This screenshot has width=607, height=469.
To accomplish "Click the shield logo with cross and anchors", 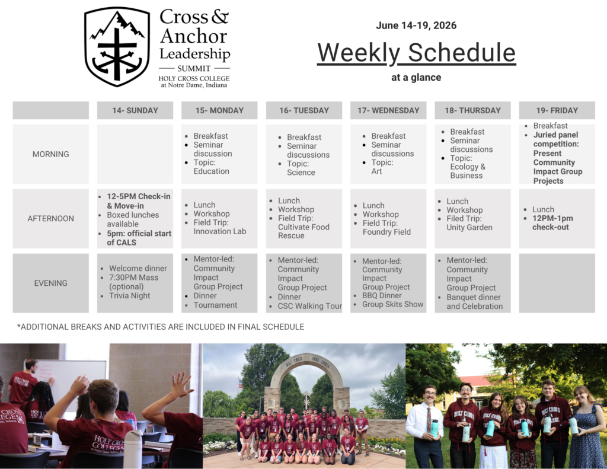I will [x=117, y=47].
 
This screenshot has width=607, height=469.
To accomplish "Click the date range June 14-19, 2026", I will [x=416, y=25].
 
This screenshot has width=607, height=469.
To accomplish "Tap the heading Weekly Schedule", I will [x=416, y=53].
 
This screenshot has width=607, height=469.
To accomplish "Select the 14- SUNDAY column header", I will [x=135, y=110].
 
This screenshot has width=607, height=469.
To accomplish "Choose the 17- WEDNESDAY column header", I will [x=388, y=110].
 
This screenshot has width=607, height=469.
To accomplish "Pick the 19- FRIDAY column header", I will [x=557, y=110].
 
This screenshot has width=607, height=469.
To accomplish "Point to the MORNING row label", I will [x=51, y=154].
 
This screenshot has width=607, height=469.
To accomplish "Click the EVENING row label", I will [x=51, y=283].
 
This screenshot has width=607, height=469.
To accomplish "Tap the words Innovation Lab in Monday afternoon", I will [x=219, y=231].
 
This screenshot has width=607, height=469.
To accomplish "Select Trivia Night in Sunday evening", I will [x=130, y=296].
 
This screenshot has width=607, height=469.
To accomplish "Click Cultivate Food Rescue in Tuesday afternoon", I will [x=303, y=231].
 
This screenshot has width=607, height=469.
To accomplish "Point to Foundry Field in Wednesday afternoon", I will [x=386, y=232].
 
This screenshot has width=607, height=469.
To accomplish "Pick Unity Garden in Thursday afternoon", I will [x=469, y=228].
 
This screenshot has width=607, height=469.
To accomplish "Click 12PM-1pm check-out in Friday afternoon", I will [x=552, y=223].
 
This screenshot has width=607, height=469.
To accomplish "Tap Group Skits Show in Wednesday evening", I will [x=393, y=305].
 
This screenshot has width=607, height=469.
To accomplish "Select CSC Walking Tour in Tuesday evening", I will [x=310, y=306].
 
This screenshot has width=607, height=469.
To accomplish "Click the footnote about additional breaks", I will [x=161, y=327].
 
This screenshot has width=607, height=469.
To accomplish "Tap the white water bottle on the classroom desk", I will [x=133, y=448].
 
